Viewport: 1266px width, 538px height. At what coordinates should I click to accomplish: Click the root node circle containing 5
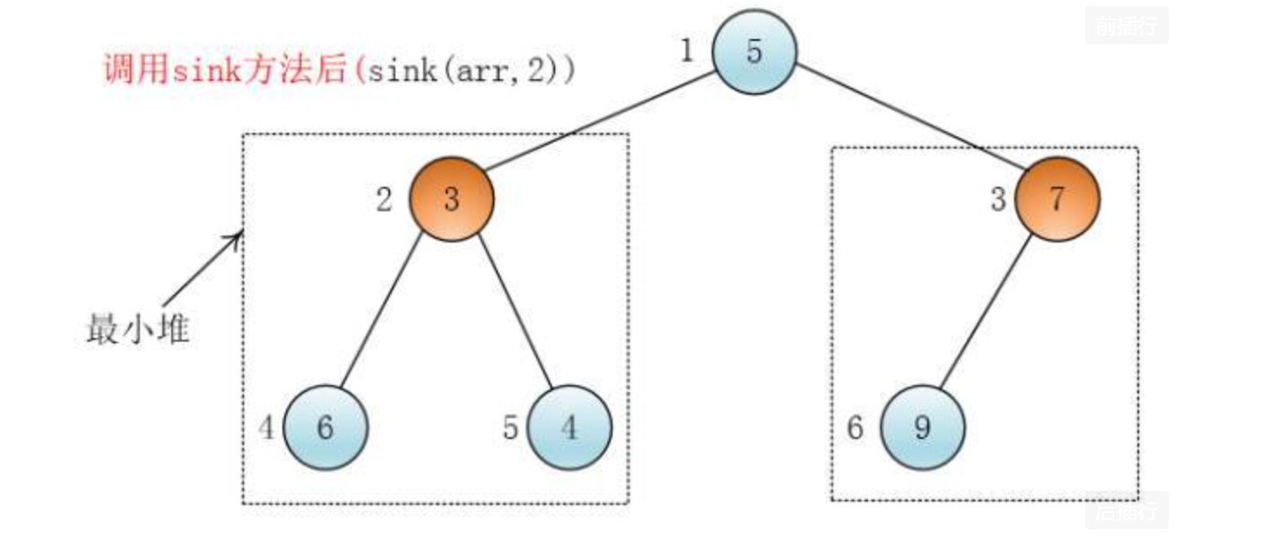[753, 51]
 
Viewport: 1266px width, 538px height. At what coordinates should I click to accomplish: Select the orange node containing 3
[451, 199]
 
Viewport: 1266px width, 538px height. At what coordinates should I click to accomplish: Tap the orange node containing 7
[1057, 199]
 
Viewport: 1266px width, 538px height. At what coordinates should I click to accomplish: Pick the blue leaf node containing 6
[326, 428]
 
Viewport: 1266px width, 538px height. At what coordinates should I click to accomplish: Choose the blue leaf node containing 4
[569, 428]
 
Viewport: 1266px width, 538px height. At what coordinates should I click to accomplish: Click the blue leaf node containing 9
[922, 428]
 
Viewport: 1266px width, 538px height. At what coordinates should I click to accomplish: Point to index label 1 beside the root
[686, 51]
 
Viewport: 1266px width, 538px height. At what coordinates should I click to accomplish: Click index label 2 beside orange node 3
[383, 200]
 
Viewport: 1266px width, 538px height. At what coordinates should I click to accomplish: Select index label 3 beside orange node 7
[998, 200]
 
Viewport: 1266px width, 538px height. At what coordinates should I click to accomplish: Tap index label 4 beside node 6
[268, 428]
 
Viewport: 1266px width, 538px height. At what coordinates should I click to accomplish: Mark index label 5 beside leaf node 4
[511, 428]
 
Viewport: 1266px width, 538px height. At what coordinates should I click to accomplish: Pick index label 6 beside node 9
[855, 428]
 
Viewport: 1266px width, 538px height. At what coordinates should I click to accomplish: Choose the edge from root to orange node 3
[600, 123]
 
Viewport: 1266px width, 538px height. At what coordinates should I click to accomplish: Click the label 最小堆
[137, 330]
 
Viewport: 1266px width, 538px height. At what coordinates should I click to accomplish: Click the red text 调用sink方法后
[225, 70]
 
